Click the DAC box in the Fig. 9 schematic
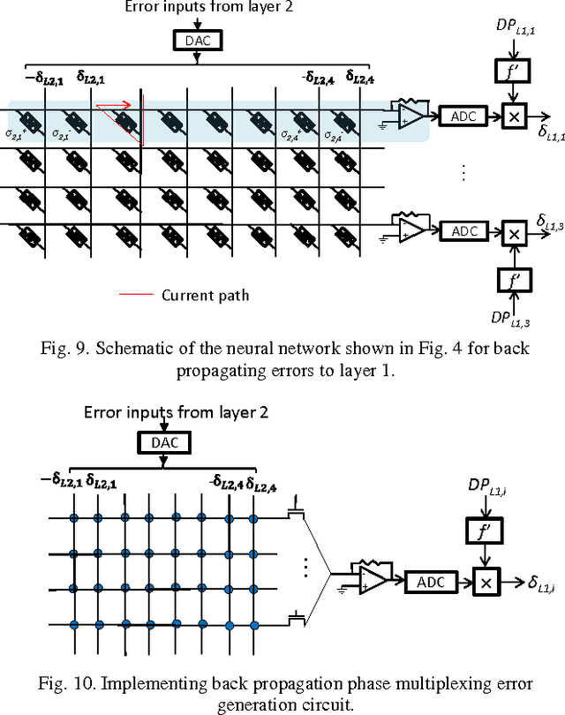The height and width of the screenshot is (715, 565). coord(198,40)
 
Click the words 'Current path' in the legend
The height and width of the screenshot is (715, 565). coord(205,295)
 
